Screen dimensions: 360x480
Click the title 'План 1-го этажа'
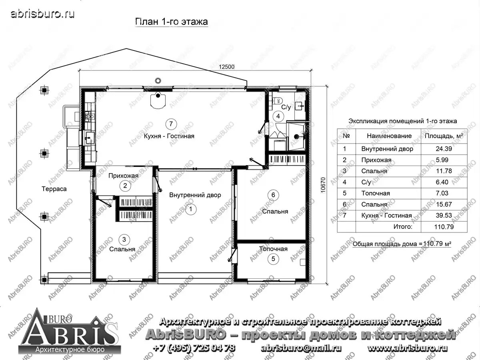[x=171, y=22]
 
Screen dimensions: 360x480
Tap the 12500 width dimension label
[x=226, y=67]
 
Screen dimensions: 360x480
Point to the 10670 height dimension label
[x=323, y=185]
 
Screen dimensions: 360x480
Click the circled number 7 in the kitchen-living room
[x=171, y=124]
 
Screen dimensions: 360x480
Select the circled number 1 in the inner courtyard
[x=191, y=209]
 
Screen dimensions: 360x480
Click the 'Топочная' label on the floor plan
[x=273, y=249]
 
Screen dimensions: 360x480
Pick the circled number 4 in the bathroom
[x=279, y=116]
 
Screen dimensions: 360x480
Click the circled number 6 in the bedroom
[x=273, y=195]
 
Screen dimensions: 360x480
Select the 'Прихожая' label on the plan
[x=124, y=176]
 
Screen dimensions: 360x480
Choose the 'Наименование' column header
[x=389, y=136]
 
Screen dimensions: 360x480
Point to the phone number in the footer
[x=194, y=348]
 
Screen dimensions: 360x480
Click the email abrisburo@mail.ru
[x=301, y=348]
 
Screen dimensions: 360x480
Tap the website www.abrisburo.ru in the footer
[x=407, y=348]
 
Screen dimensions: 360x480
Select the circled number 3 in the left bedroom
[x=124, y=239]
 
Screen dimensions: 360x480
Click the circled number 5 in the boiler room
[x=273, y=259]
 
